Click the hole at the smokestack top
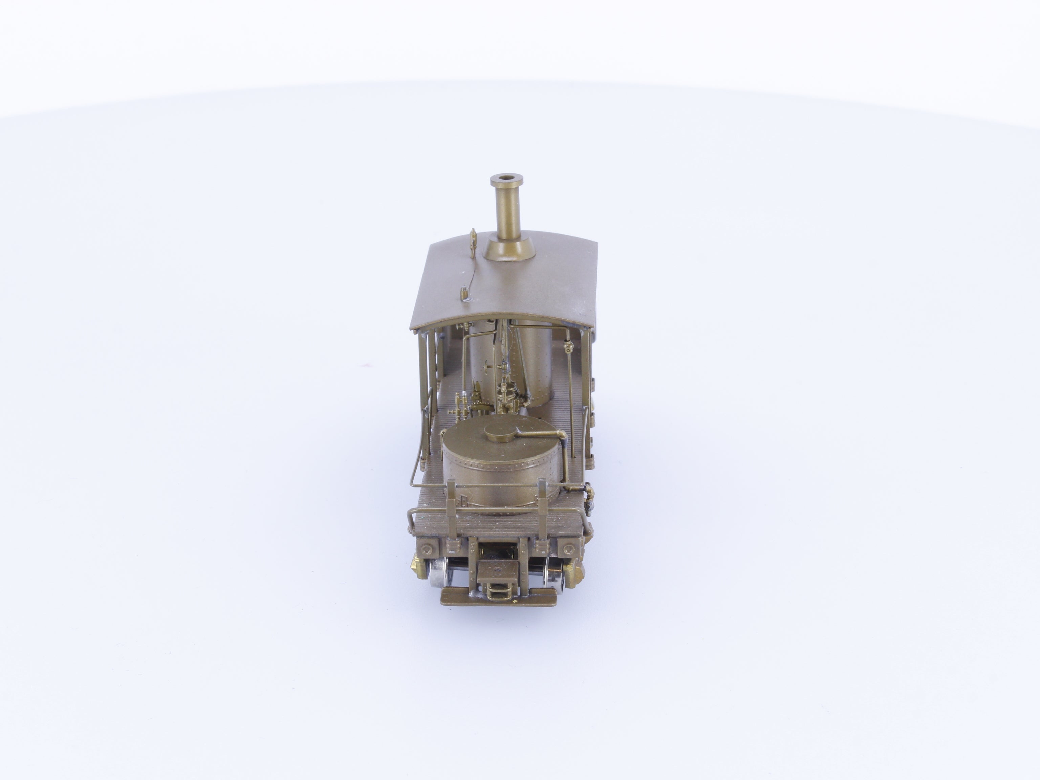[507, 179]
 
